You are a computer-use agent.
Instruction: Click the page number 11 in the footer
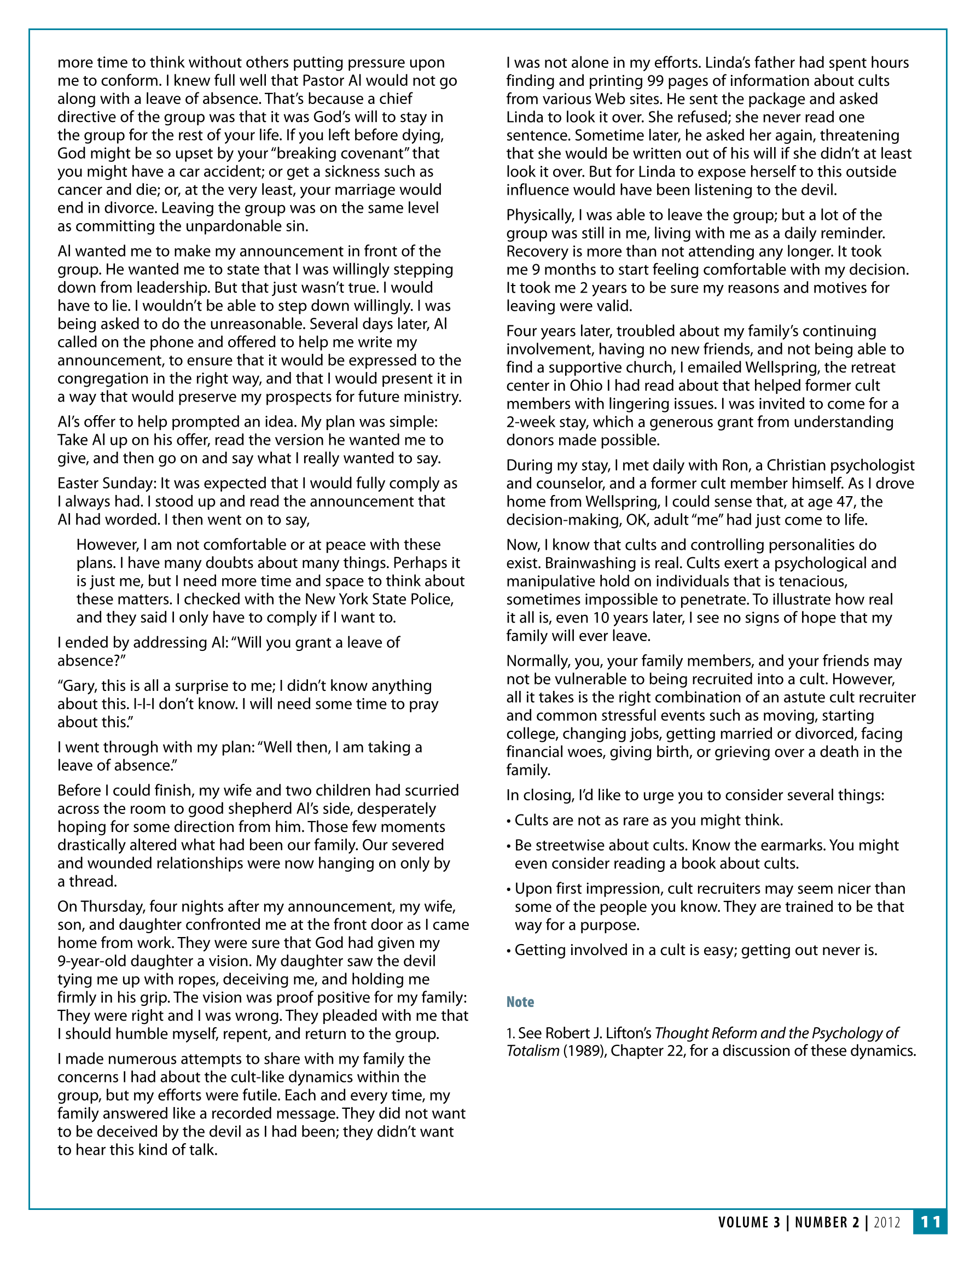tap(930, 1221)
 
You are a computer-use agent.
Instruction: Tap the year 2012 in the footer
tap(887, 1222)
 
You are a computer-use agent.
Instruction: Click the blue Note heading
tap(520, 1002)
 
